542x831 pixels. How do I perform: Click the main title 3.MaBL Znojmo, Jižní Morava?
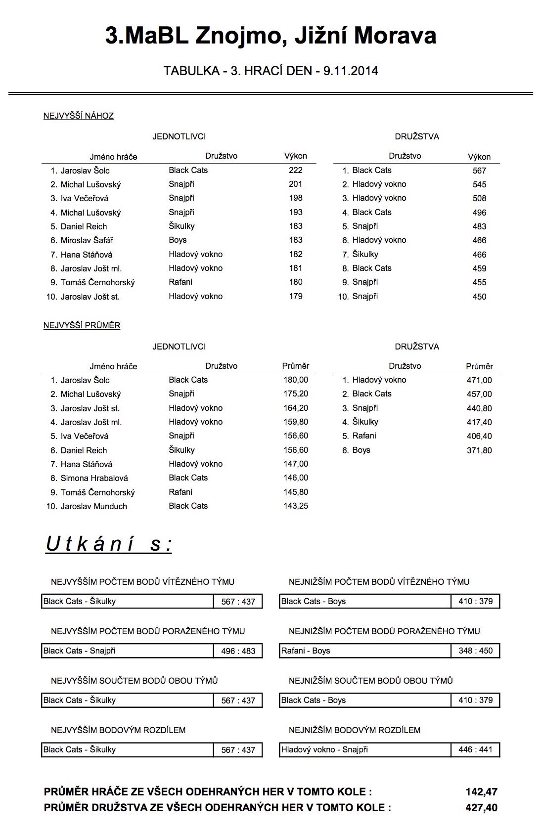[x=271, y=36]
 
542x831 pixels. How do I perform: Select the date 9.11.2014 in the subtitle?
[x=351, y=71]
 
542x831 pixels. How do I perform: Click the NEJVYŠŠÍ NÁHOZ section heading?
[x=78, y=116]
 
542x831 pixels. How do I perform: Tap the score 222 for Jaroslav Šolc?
[x=295, y=170]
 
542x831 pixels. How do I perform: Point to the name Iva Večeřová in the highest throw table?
[x=84, y=198]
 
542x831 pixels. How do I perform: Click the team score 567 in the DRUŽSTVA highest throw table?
[x=479, y=171]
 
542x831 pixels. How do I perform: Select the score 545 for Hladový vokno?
[x=479, y=184]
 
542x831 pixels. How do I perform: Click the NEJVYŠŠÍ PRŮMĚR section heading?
[x=82, y=326]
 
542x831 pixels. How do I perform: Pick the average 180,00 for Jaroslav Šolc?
[x=295, y=380]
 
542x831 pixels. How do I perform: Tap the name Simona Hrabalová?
[x=94, y=478]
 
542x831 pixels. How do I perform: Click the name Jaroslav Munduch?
[x=93, y=506]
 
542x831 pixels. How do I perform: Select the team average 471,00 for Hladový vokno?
[x=479, y=380]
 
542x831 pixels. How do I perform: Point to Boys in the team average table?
[x=361, y=450]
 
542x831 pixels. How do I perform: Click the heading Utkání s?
[x=109, y=544]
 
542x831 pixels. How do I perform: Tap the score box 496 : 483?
[x=238, y=651]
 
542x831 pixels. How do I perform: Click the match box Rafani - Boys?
[x=365, y=651]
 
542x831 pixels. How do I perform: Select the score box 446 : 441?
[x=475, y=750]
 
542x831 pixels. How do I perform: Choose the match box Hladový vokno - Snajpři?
[x=365, y=750]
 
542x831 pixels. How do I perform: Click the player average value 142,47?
[x=481, y=792]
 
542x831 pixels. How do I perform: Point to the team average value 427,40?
[x=481, y=808]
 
